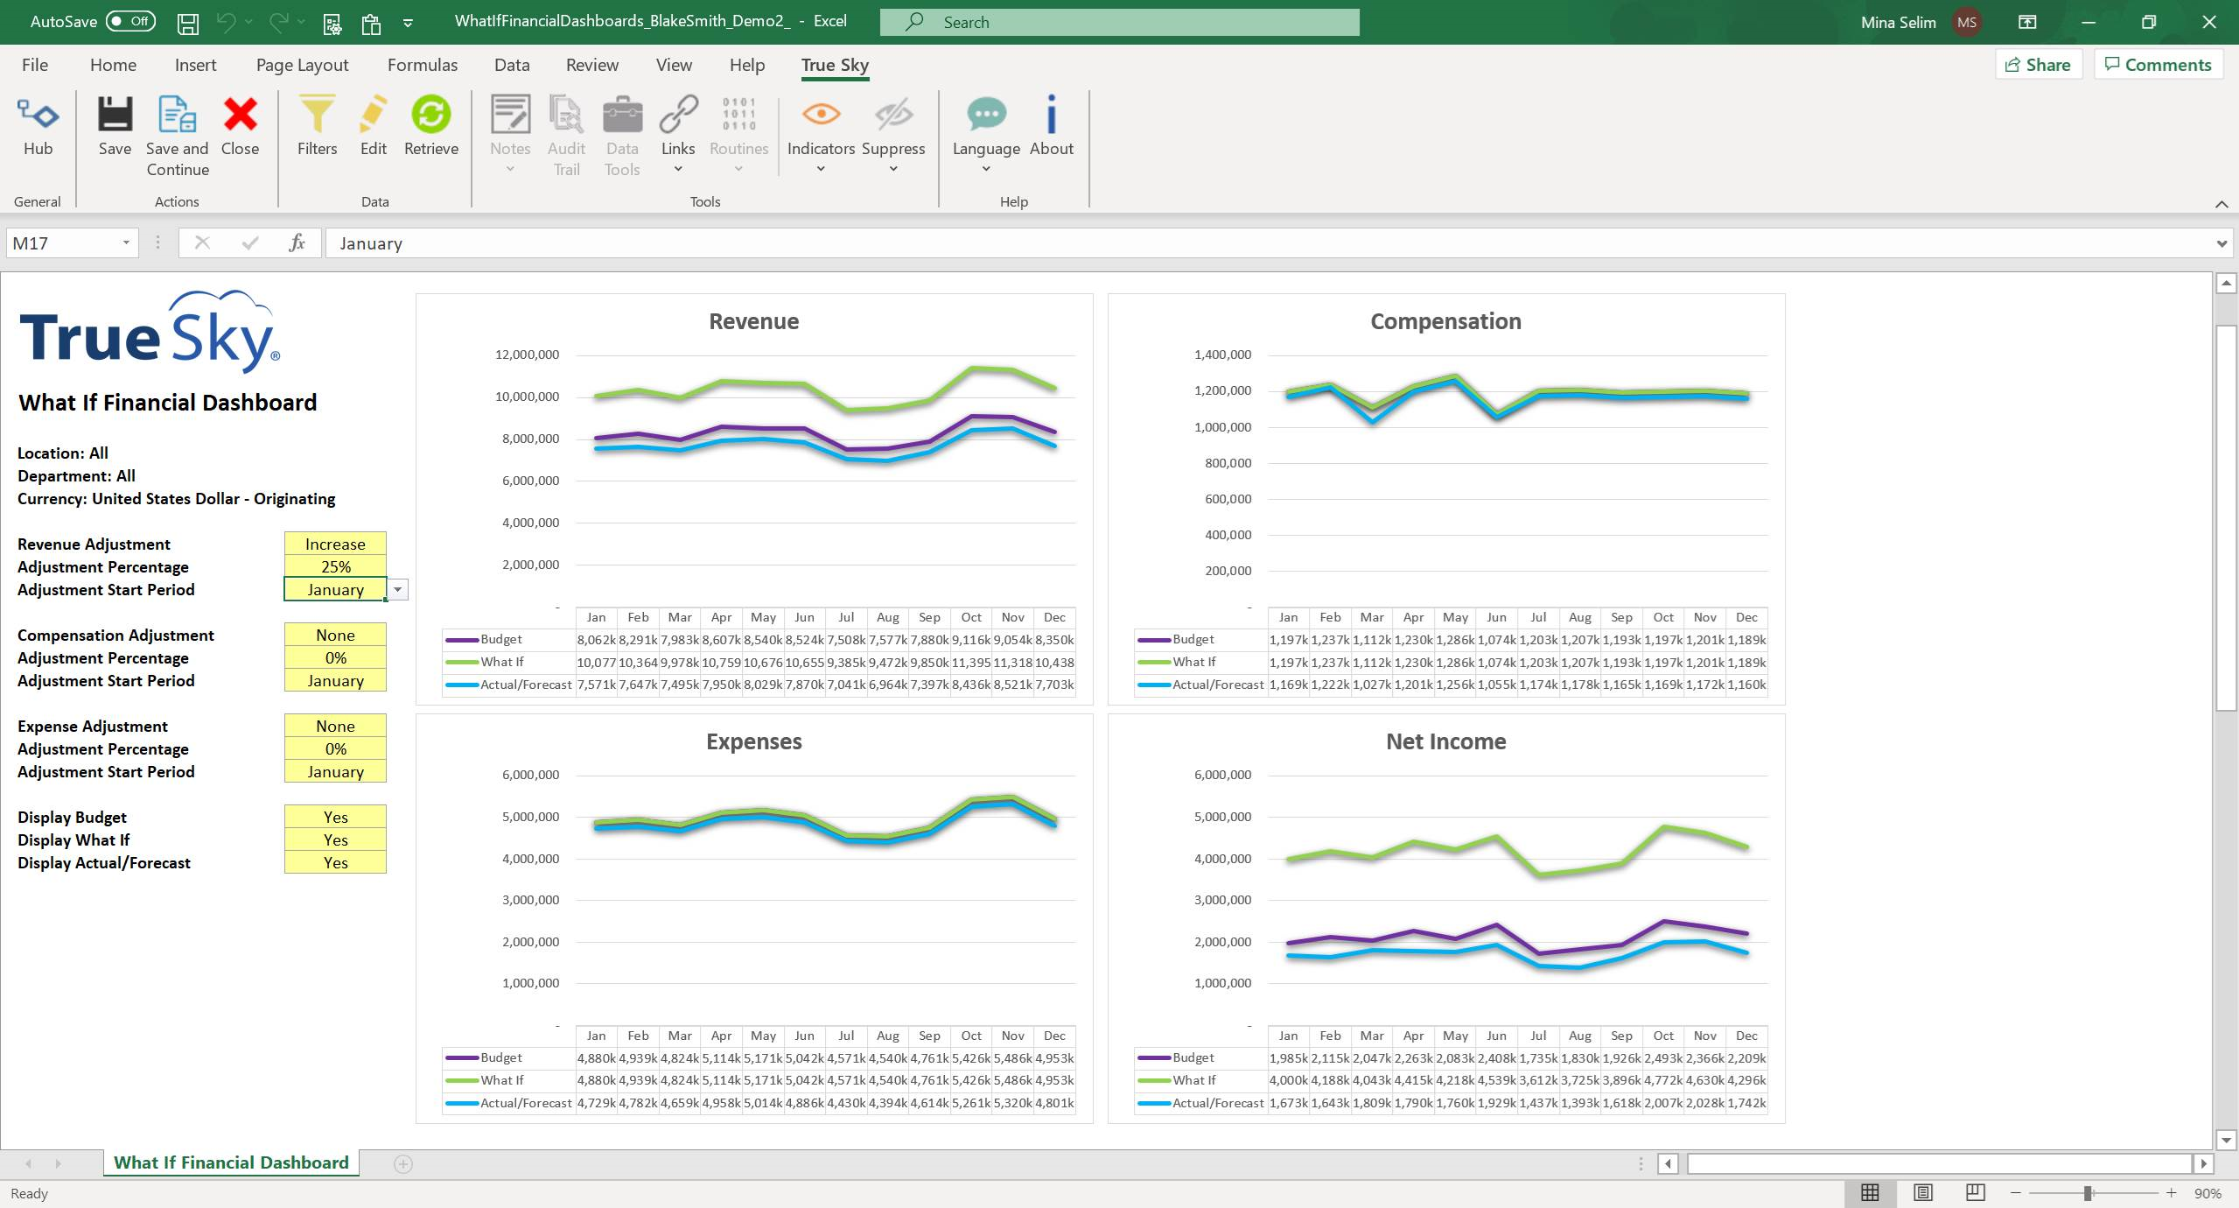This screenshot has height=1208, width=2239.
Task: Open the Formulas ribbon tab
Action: (x=422, y=65)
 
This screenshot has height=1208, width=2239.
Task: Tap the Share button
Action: (x=2038, y=65)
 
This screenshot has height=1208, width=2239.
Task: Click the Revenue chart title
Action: (x=753, y=321)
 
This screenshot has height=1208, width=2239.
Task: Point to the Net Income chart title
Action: (x=1445, y=741)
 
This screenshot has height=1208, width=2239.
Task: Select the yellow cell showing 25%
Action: (x=335, y=566)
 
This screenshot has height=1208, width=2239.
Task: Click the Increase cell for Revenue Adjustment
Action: (x=335, y=544)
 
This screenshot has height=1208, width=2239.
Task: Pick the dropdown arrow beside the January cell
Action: (x=398, y=590)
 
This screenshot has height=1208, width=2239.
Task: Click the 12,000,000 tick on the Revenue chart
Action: (x=527, y=355)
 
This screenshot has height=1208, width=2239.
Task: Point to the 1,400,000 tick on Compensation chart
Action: (x=1222, y=355)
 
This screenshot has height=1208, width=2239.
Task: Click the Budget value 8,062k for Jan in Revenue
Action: (x=596, y=640)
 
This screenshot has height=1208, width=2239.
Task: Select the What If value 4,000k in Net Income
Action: (x=1288, y=1080)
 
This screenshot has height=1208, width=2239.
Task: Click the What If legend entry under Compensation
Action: (x=1193, y=663)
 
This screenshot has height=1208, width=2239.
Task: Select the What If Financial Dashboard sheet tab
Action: (x=231, y=1162)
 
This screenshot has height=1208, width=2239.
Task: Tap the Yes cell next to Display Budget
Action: (x=335, y=817)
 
